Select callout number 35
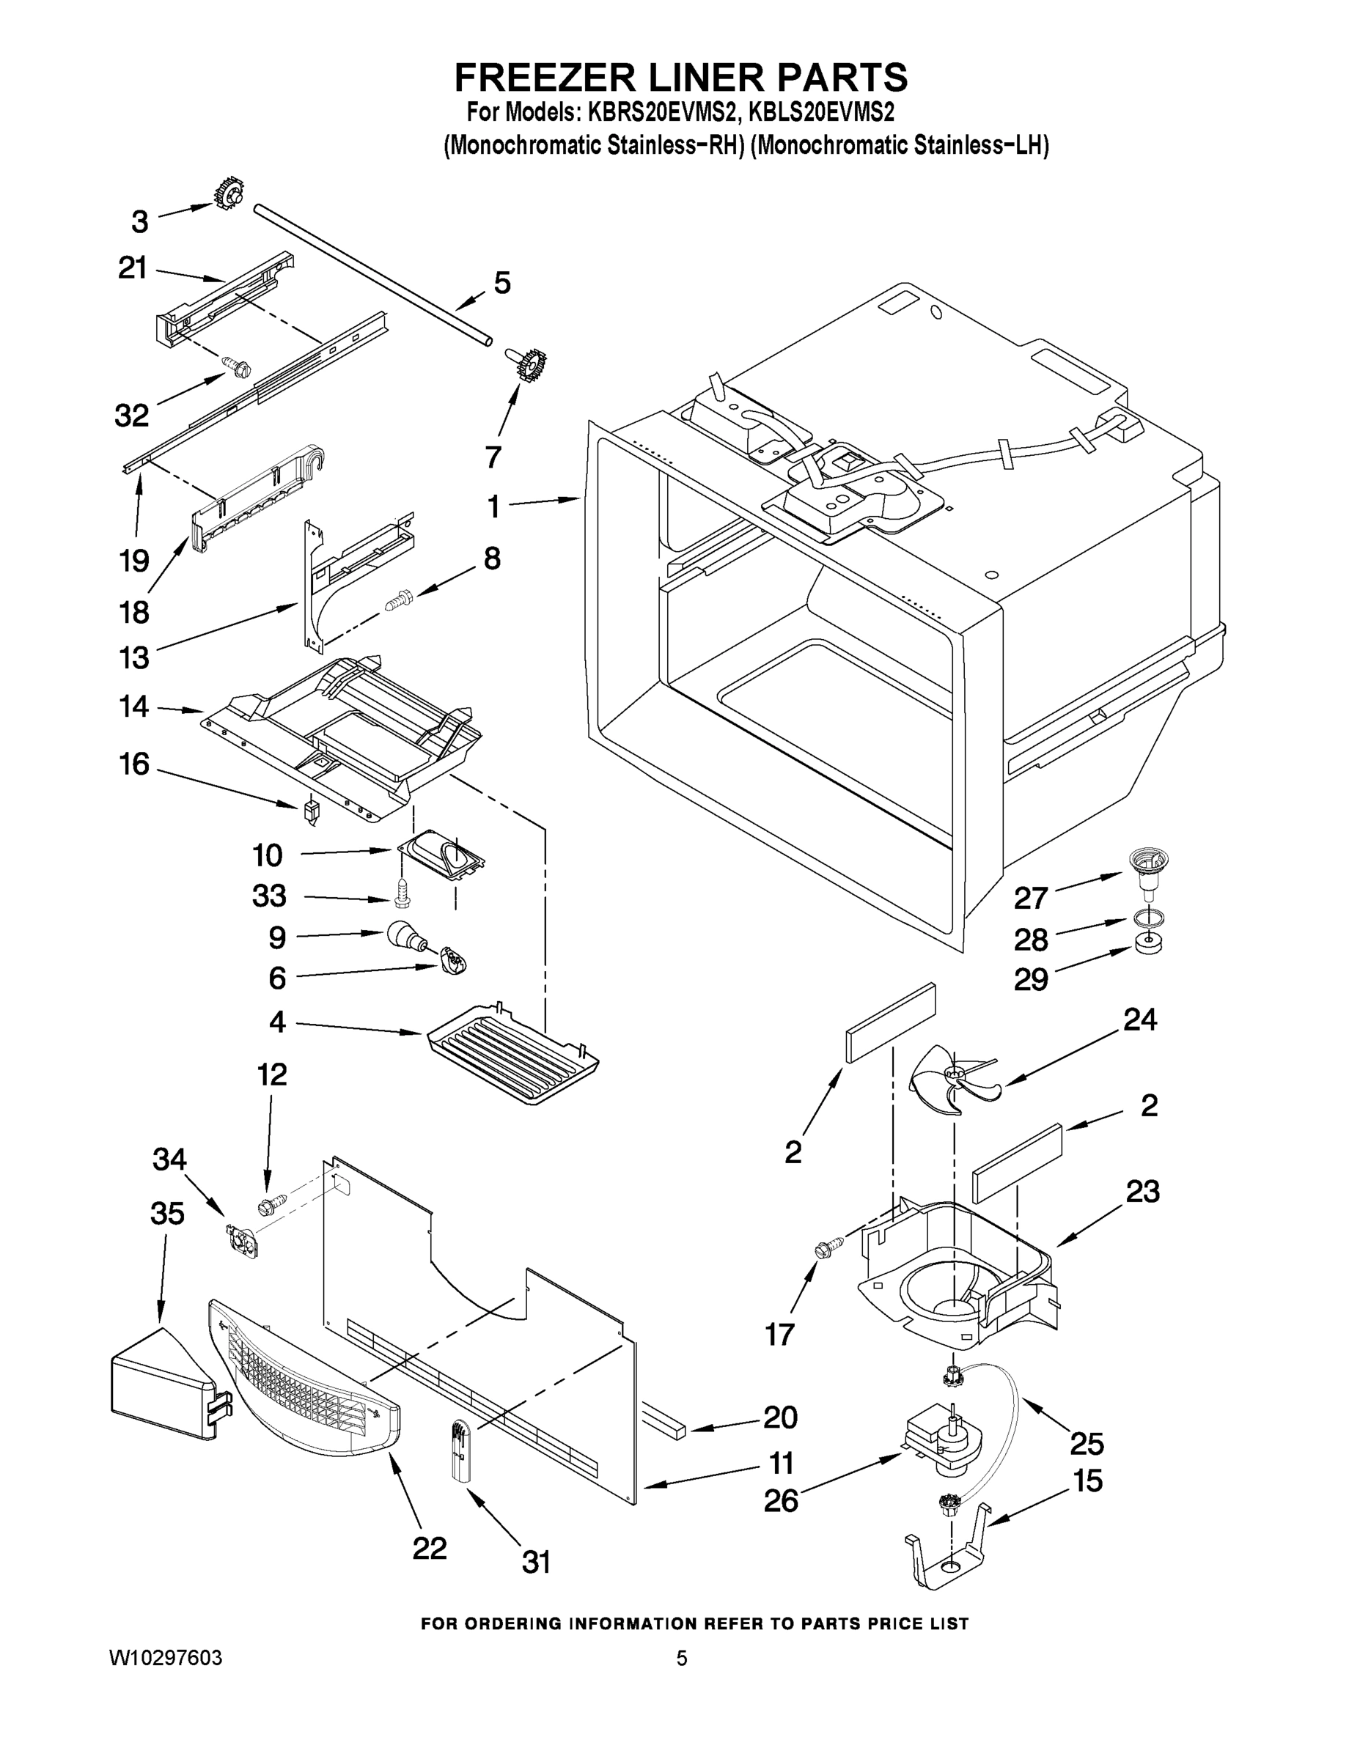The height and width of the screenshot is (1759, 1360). [x=168, y=1214]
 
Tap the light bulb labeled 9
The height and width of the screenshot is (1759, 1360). [x=405, y=936]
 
